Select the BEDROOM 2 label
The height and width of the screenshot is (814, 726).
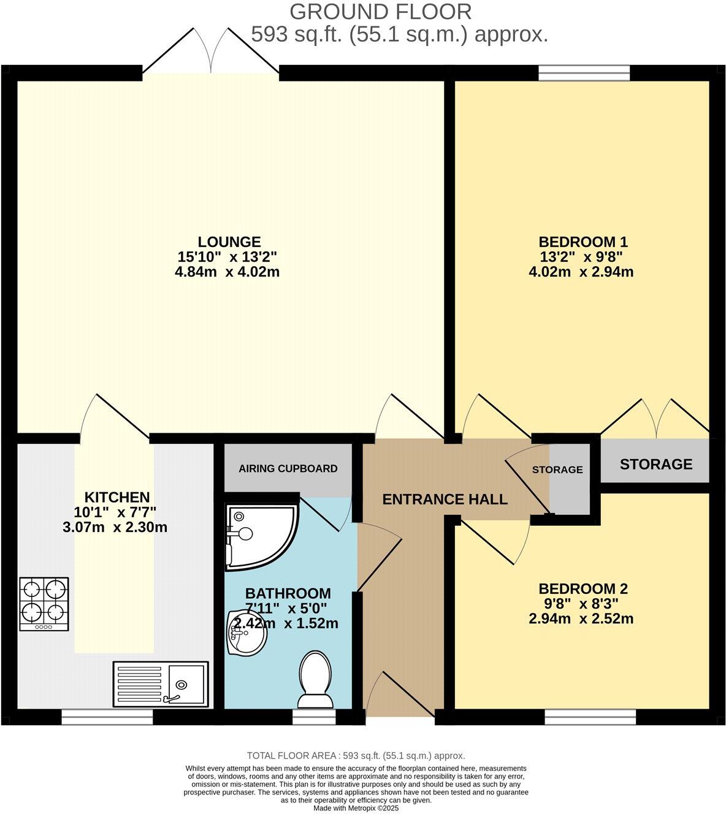583,589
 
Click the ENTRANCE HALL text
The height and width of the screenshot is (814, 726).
445,500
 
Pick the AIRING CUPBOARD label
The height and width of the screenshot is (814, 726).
288,469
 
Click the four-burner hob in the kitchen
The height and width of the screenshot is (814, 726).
44,604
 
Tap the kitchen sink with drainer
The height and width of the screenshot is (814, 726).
161,684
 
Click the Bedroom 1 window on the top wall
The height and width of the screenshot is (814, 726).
584,73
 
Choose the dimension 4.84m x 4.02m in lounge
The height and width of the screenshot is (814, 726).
227,272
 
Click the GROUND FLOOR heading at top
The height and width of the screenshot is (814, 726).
380,11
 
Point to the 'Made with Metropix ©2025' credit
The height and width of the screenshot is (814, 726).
356,808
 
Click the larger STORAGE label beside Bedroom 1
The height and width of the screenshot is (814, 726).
655,465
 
